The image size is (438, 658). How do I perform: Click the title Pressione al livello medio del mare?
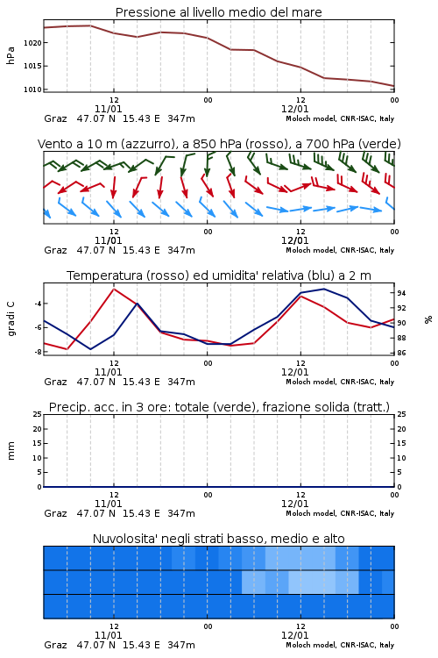(218, 12)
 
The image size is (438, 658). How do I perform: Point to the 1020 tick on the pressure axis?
(32, 43)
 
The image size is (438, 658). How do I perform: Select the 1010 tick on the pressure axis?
(32, 89)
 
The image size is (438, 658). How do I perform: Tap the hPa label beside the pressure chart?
(11, 55)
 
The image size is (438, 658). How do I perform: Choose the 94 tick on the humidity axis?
(401, 293)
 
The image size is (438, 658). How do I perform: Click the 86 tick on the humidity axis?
(401, 353)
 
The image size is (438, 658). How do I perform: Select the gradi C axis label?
(11, 318)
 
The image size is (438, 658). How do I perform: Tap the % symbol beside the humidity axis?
(428, 319)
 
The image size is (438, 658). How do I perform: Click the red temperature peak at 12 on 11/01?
(114, 290)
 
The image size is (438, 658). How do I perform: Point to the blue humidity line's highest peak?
(323, 290)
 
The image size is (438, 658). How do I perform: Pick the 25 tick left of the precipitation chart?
(38, 414)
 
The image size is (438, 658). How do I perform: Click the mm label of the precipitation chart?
(11, 451)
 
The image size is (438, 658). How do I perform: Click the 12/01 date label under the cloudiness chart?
(294, 635)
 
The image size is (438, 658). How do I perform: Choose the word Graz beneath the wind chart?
(55, 251)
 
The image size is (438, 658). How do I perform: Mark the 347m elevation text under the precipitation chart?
(181, 513)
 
